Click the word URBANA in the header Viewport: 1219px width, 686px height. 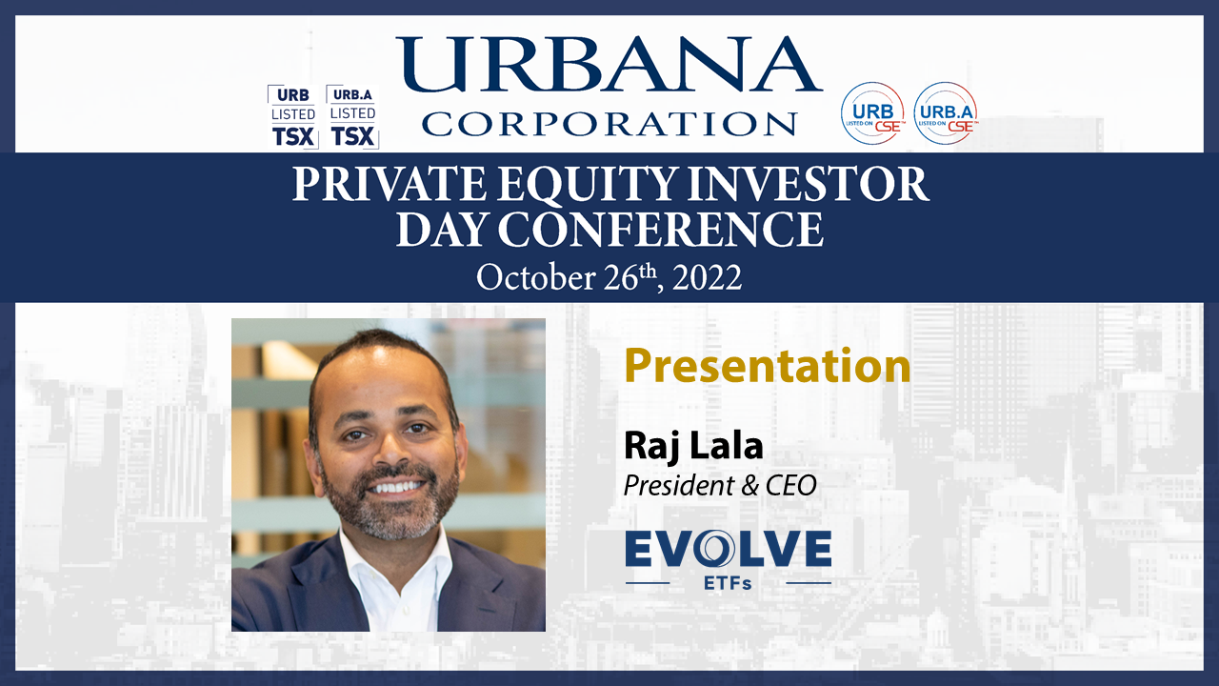pos(609,64)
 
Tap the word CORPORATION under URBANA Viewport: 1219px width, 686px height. pos(609,124)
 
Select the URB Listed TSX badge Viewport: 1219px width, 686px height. pos(293,116)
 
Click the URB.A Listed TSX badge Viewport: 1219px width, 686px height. pos(352,116)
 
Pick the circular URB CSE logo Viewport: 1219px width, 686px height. pos(872,113)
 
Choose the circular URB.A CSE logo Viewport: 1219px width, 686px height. pos(946,113)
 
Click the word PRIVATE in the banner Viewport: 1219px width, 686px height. pos(390,185)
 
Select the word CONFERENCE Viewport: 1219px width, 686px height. pos(661,230)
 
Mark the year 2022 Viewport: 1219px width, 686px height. pos(707,277)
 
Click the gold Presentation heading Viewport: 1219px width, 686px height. pos(768,365)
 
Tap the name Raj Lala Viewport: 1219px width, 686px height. pos(693,447)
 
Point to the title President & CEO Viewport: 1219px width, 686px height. pos(720,486)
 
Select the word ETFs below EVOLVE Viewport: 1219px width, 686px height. pos(728,583)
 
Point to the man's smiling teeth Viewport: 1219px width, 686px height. pos(397,486)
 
